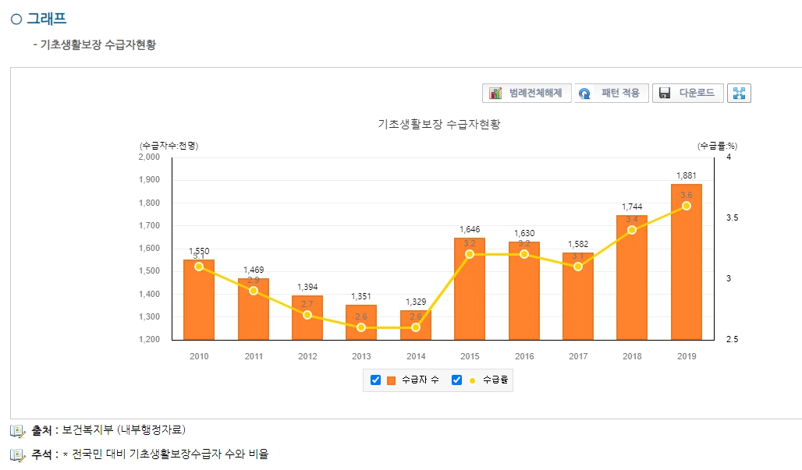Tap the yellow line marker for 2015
click(470, 254)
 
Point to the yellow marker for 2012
click(307, 315)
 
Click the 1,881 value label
click(686, 175)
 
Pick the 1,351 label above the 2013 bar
click(361, 296)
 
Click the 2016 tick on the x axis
click(523, 356)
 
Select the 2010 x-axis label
click(199, 356)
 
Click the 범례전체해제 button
click(527, 94)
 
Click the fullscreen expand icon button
click(738, 94)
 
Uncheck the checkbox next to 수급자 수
click(375, 380)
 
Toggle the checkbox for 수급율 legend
click(457, 380)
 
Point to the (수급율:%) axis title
click(717, 145)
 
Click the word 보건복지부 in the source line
click(87, 429)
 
